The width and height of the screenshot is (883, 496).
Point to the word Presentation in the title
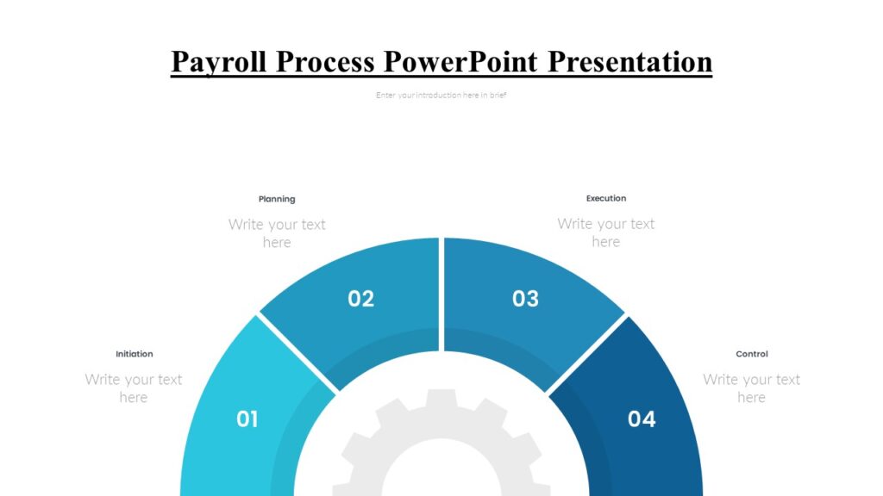630,62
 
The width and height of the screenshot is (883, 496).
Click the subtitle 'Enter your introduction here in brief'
441,96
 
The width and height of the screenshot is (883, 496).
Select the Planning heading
277,199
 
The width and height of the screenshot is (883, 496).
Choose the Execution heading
606,198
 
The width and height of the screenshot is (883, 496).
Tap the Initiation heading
135,354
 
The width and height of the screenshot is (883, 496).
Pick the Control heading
751,354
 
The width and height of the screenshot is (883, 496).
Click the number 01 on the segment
247,419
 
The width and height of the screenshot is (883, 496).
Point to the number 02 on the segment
360,299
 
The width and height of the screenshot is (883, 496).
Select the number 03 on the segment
525,299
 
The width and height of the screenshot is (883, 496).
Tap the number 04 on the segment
642,419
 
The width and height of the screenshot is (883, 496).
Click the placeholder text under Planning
277,233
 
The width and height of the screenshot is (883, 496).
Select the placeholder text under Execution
606,232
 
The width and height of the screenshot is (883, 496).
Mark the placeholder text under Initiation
134,388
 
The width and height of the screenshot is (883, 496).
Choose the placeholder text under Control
751,388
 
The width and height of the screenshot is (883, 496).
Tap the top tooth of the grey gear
441,398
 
